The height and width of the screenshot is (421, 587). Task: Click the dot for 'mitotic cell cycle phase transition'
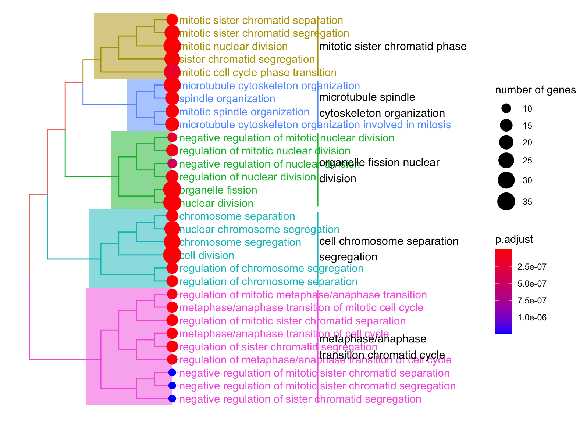[x=172, y=72]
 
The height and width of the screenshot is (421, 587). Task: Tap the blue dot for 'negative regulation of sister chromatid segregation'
[x=172, y=399]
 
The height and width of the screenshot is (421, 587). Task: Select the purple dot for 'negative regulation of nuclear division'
[x=172, y=163]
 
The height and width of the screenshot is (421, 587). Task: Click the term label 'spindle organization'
[x=227, y=99]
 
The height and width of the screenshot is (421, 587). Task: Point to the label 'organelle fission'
[x=218, y=190]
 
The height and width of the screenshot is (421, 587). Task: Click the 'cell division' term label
[x=207, y=256]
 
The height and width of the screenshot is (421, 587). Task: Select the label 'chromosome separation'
[x=237, y=216]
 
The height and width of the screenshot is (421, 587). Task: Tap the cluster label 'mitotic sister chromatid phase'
[x=393, y=47]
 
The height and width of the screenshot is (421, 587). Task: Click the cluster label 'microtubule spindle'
[x=367, y=97]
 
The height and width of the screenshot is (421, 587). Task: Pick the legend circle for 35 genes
[x=506, y=201]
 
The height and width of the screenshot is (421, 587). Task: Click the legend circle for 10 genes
[x=506, y=108]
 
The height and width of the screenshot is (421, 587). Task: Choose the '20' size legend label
[x=527, y=143]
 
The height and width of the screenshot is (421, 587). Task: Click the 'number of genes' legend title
[x=535, y=90]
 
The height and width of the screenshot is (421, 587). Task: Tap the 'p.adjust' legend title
[x=514, y=240]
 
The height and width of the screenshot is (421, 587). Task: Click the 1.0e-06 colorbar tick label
[x=532, y=318]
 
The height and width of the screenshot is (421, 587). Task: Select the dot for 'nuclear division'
[x=172, y=203]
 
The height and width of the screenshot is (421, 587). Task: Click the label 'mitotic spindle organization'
[x=244, y=112]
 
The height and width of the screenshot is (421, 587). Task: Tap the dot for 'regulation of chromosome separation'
[x=172, y=281]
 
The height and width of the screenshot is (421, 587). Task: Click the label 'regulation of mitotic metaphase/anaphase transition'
[x=303, y=295]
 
